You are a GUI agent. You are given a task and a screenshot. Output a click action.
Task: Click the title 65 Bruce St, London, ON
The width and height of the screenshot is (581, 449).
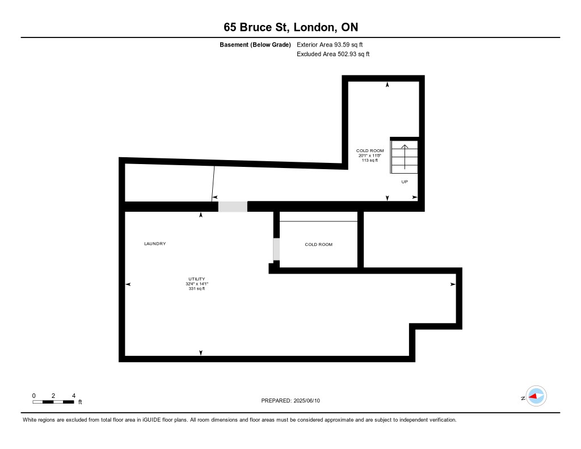pyautogui.click(x=291, y=27)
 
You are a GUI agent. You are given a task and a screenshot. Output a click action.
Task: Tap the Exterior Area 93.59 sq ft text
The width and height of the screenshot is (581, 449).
pyautogui.click(x=330, y=44)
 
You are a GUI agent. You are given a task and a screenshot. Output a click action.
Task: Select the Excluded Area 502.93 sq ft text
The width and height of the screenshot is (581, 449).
pyautogui.click(x=333, y=54)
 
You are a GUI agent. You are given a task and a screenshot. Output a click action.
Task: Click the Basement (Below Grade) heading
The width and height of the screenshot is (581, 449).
pyautogui.click(x=255, y=44)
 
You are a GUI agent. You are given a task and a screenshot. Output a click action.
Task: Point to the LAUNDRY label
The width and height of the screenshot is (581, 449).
pyautogui.click(x=155, y=244)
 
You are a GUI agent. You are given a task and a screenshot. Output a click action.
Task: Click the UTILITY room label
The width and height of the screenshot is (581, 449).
pyautogui.click(x=197, y=279)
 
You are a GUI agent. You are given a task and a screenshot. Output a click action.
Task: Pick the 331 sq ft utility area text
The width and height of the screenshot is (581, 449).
pyautogui.click(x=197, y=288)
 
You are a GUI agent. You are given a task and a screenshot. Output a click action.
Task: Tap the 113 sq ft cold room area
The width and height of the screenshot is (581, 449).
pyautogui.click(x=370, y=160)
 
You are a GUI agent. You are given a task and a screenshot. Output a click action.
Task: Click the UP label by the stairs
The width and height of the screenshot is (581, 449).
pyautogui.click(x=405, y=182)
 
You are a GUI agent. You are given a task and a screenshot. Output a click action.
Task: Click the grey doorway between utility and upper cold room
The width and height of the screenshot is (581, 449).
pyautogui.click(x=233, y=207)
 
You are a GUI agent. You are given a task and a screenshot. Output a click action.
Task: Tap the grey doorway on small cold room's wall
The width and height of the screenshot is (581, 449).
pyautogui.click(x=276, y=249)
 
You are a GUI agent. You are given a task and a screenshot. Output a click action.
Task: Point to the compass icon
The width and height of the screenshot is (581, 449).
pyautogui.click(x=536, y=396)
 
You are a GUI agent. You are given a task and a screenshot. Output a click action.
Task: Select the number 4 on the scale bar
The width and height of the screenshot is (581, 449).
pyautogui.click(x=74, y=396)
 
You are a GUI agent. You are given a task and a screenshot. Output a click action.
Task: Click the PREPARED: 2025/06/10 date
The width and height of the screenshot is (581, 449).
pyautogui.click(x=290, y=400)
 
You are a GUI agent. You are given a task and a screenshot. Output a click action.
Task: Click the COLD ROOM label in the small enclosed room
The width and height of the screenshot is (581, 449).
pyautogui.click(x=319, y=244)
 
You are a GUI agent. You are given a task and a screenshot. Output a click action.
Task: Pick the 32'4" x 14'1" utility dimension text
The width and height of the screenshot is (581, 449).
pyautogui.click(x=197, y=284)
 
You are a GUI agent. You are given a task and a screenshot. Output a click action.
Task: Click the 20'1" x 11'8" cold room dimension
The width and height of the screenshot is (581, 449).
pyautogui.click(x=370, y=156)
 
